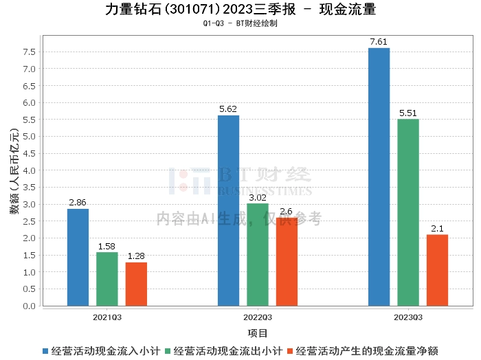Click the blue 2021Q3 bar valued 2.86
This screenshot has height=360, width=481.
(78, 257)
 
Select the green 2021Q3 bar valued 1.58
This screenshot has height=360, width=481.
(107, 279)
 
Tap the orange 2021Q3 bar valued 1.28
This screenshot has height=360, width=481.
(136, 284)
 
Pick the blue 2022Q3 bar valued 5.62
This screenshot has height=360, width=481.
(228, 210)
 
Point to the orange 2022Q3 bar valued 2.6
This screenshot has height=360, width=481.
(287, 262)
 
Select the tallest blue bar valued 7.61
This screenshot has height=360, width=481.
(379, 177)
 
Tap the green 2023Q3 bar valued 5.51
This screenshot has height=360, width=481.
(407, 212)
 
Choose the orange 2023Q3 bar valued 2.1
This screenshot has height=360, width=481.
(437, 270)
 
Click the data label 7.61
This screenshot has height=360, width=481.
(379, 42)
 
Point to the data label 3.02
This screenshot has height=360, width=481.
(258, 198)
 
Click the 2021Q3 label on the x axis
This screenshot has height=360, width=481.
(107, 317)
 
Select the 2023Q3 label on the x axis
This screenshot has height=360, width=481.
(408, 317)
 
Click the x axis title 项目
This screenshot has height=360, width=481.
(258, 333)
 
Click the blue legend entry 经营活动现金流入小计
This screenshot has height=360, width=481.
(100, 350)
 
